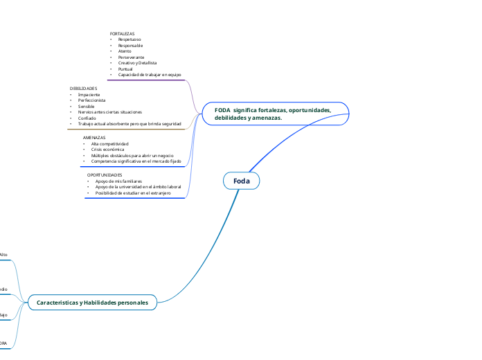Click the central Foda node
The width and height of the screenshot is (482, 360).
click(x=241, y=181)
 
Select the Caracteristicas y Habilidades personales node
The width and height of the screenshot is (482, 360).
click(x=92, y=302)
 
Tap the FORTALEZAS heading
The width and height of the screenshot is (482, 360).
click(x=122, y=33)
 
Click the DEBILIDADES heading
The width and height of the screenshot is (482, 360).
click(x=83, y=89)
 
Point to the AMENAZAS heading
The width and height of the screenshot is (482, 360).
click(x=94, y=138)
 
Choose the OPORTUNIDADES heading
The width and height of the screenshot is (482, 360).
click(x=105, y=175)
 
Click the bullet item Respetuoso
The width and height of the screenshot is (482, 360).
click(x=130, y=39)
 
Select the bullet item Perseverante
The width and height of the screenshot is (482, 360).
click(x=131, y=57)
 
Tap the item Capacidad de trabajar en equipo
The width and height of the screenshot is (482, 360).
click(x=150, y=74)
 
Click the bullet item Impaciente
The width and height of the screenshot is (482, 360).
click(x=89, y=94)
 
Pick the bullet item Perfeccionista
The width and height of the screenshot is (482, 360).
click(x=92, y=100)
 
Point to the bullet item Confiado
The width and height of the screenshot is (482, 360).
click(x=87, y=118)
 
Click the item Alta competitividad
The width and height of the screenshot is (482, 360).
click(x=110, y=143)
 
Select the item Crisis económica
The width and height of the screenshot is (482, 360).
click(x=107, y=149)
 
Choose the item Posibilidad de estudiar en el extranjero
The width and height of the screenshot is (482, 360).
click(x=133, y=192)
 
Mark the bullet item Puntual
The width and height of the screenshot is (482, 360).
click(x=125, y=69)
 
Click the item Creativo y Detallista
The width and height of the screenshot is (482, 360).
click(x=138, y=62)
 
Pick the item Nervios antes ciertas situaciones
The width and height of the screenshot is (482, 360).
click(x=110, y=111)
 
